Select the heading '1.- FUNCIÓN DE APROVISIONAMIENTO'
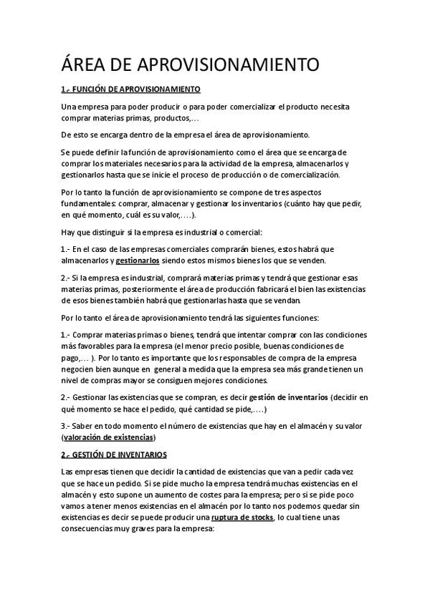click(x=130, y=89)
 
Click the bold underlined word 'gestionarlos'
click(x=138, y=260)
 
